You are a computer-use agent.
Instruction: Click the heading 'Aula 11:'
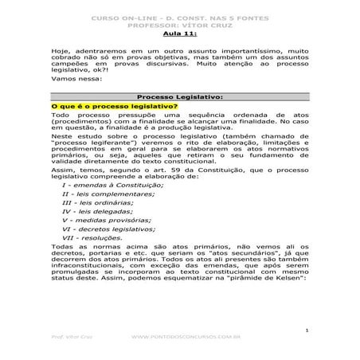pos(178,34)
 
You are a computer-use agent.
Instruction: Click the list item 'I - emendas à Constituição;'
pos(112,185)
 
